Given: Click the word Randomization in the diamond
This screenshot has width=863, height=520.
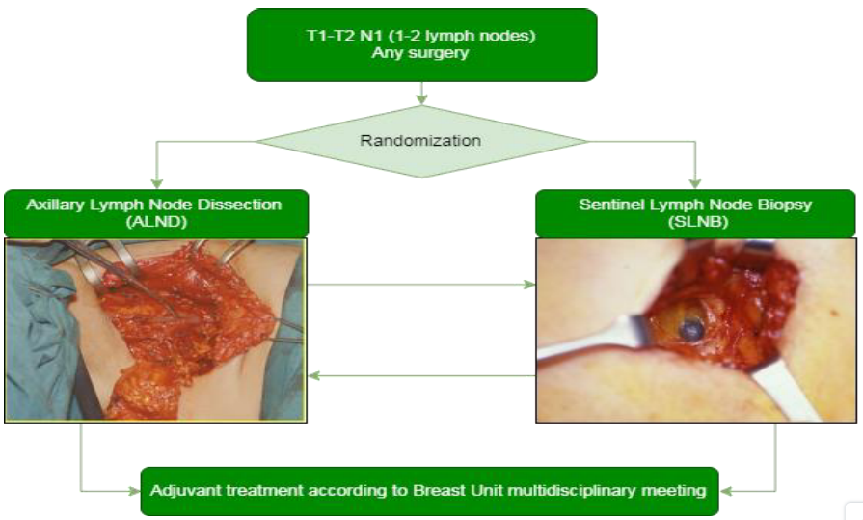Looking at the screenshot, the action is [420, 141].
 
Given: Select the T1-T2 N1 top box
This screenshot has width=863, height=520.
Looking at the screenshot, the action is [421, 44].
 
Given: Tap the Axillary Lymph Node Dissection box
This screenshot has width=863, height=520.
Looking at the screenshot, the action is [156, 213].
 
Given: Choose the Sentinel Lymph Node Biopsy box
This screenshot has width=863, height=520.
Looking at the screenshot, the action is [695, 213].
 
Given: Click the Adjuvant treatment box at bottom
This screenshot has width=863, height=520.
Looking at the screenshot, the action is [430, 491].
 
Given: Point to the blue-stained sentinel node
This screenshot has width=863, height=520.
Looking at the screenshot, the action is [690, 330].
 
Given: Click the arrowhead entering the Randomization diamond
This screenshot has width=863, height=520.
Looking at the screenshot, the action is [421, 99].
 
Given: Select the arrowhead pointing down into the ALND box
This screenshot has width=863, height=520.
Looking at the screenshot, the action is [157, 183].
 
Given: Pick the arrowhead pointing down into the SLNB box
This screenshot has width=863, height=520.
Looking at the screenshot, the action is [695, 183].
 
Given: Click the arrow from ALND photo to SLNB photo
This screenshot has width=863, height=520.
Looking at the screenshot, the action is [421, 285].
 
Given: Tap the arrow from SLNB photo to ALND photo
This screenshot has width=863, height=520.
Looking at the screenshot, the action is [421, 376].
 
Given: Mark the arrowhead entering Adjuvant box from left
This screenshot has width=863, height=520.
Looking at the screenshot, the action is [134, 491].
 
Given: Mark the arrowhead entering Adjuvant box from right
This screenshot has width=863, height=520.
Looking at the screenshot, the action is [725, 491].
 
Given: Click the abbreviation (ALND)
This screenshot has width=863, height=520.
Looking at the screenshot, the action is [156, 222].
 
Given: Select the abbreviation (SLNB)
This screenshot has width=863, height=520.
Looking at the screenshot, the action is [698, 222].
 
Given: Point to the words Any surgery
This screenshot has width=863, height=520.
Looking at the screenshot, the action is [420, 53].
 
